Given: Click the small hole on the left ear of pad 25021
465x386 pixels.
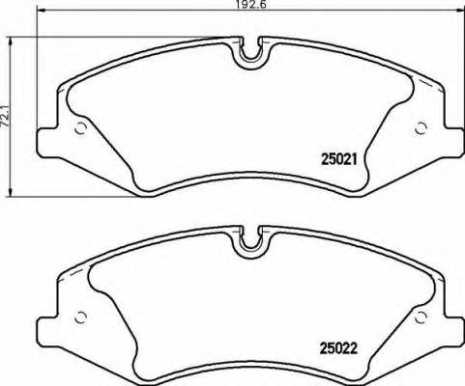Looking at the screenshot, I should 81,129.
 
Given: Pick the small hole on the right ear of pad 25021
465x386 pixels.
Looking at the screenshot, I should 419,128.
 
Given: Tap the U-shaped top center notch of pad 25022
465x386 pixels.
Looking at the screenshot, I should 249,238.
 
